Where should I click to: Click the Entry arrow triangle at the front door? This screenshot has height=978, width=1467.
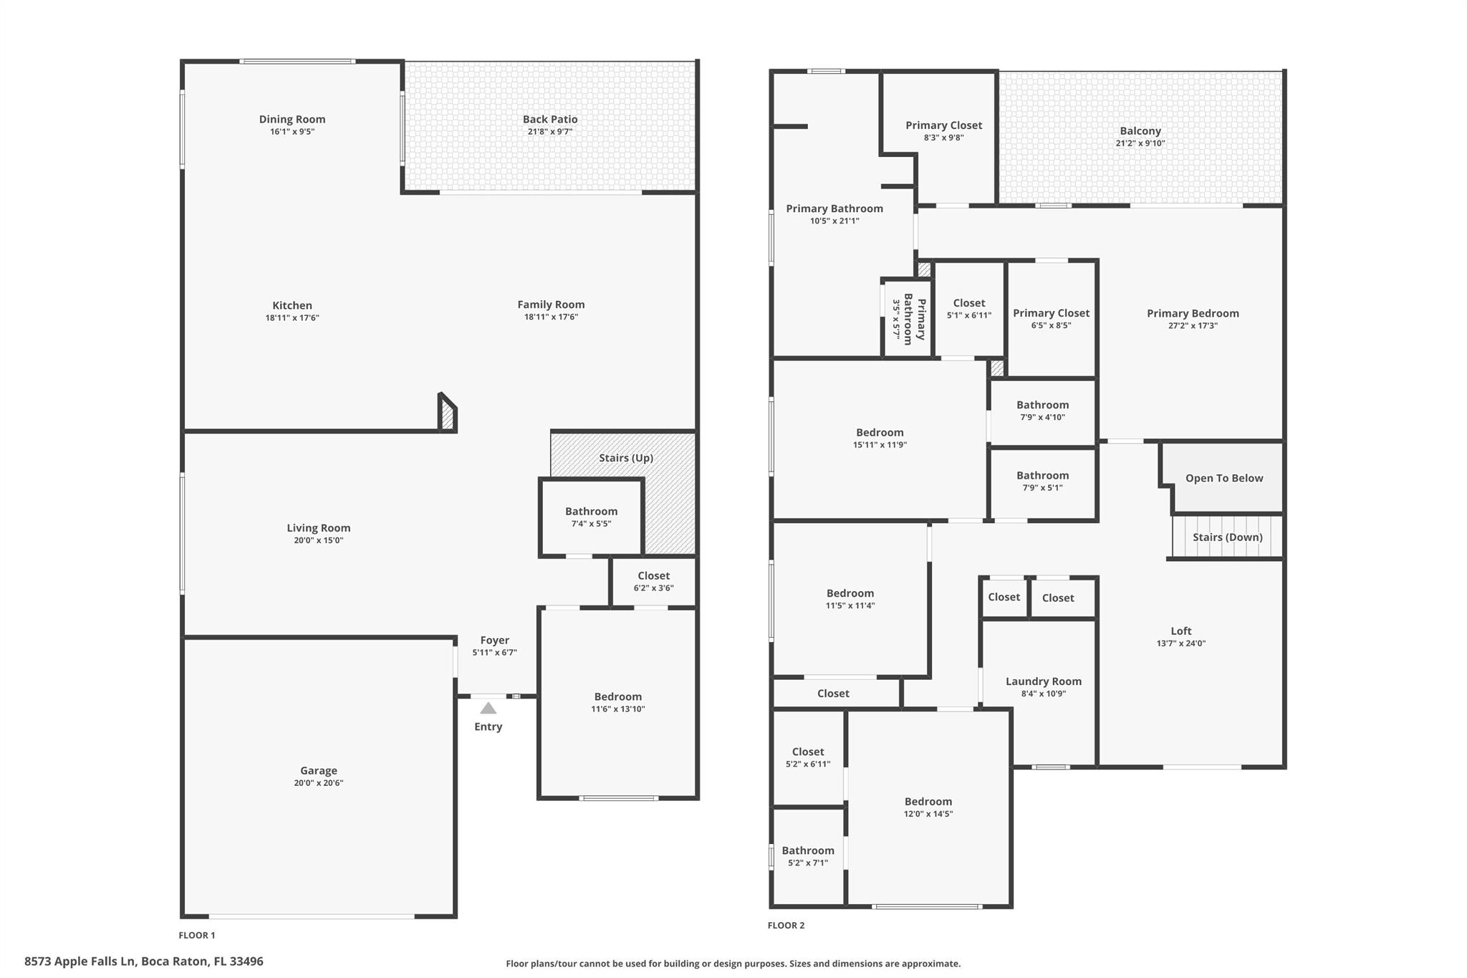[488, 709]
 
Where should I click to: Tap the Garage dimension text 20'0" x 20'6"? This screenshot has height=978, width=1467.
[318, 783]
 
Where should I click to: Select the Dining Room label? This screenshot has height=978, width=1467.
[292, 120]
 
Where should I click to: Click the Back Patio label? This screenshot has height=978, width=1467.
[549, 120]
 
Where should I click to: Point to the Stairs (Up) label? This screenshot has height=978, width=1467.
[625, 458]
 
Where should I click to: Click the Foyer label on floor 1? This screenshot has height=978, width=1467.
[494, 641]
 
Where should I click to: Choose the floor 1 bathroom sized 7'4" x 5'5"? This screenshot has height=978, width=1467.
[591, 517]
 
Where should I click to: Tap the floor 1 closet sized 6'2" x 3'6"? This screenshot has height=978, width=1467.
[653, 581]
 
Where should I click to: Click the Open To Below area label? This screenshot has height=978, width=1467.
[1223, 479]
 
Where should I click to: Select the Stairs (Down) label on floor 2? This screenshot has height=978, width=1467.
[1227, 537]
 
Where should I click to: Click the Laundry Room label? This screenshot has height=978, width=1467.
[1043, 681]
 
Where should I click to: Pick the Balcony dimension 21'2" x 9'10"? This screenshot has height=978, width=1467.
[1140, 143]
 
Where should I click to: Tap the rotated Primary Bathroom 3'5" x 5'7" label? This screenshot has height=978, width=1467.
[908, 320]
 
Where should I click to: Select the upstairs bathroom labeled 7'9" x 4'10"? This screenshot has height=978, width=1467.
[1042, 411]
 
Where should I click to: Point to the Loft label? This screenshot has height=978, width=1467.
[1180, 631]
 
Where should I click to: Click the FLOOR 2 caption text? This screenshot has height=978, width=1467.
[786, 925]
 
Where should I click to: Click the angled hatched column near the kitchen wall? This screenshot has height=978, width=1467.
[448, 414]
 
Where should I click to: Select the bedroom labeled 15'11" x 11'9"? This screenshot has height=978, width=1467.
[880, 438]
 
